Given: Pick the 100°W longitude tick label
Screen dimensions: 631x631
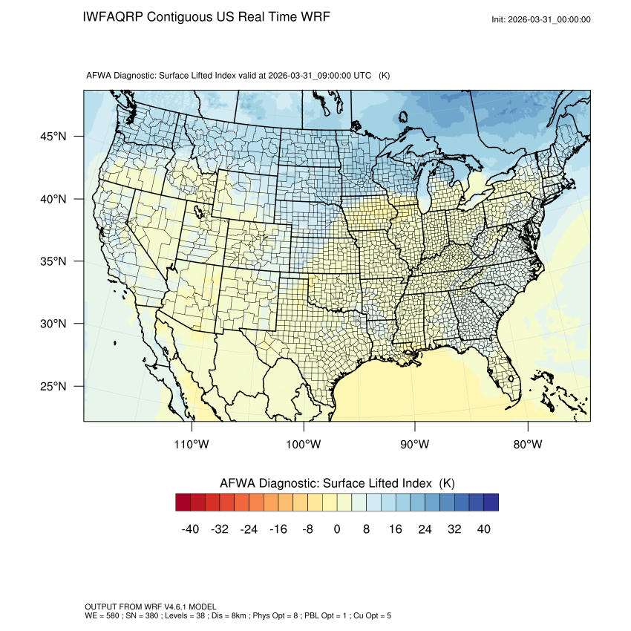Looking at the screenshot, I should click(x=304, y=445).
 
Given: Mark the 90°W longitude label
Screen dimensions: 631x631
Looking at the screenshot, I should click(x=415, y=445).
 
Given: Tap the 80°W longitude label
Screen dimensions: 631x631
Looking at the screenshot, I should click(x=527, y=445).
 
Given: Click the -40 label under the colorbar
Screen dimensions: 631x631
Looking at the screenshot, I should click(x=190, y=529).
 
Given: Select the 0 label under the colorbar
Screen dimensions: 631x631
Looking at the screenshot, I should click(x=337, y=529).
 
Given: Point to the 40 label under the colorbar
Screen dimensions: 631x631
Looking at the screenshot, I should click(x=483, y=529).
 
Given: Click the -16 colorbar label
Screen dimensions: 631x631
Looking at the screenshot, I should click(x=278, y=529).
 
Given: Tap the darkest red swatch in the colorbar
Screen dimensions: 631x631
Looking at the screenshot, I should click(x=183, y=503).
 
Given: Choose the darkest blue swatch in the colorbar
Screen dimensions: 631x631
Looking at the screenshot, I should click(x=491, y=503).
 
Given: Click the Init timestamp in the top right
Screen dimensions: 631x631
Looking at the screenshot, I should click(x=541, y=19).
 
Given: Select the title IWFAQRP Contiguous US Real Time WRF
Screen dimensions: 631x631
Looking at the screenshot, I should click(x=206, y=16).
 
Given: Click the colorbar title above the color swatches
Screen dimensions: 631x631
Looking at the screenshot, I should click(x=337, y=483).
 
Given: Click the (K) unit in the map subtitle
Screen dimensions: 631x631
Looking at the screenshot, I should click(x=385, y=76).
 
